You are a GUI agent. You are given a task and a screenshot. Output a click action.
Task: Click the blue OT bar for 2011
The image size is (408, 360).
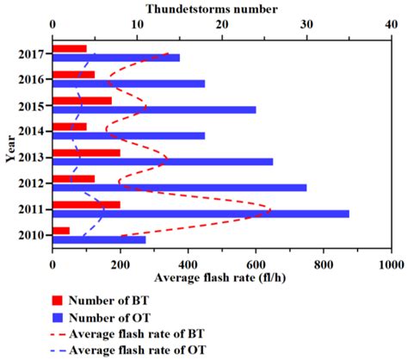(x=201, y=214)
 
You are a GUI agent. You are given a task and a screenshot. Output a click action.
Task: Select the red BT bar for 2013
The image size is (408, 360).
(x=86, y=152)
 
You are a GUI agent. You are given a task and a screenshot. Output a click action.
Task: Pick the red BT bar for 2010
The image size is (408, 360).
(x=61, y=230)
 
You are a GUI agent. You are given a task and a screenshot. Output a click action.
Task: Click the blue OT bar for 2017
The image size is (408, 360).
(x=116, y=58)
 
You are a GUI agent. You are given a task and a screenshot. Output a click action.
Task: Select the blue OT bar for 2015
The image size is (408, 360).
(x=154, y=109)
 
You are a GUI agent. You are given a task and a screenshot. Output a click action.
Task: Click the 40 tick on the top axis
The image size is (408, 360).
(x=391, y=27)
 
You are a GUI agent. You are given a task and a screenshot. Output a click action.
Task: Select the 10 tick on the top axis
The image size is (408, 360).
(x=137, y=27)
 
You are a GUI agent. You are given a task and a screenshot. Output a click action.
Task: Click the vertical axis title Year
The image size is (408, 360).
(x=9, y=148)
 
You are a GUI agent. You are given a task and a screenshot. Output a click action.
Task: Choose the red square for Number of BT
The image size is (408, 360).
(x=59, y=301)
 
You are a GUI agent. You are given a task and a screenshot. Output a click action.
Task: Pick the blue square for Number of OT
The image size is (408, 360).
(x=59, y=317)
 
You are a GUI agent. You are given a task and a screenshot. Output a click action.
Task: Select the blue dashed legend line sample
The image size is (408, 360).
(x=59, y=350)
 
